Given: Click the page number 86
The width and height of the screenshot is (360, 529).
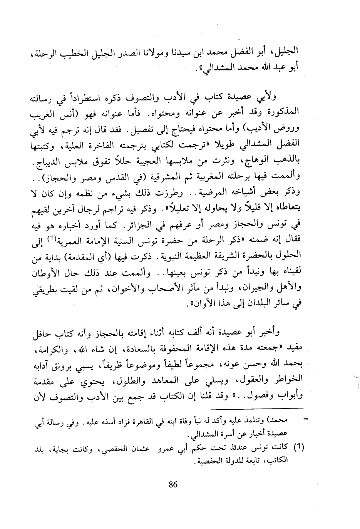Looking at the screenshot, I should pos(173,484).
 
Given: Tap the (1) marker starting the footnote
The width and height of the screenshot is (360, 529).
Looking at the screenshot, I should pos(299,448).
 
